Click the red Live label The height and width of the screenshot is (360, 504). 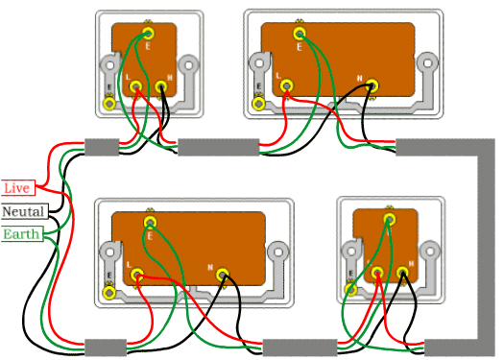pyautogui.click(x=18, y=188)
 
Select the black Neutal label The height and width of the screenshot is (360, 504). pyautogui.click(x=21, y=211)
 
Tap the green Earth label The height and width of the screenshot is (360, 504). pyautogui.click(x=20, y=234)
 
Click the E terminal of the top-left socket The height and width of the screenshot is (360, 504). pyautogui.click(x=148, y=32)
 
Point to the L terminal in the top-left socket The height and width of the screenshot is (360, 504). pyautogui.click(x=136, y=88)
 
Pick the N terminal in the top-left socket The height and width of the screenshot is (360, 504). pyautogui.click(x=161, y=88)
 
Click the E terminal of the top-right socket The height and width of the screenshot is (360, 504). pyautogui.click(x=299, y=33)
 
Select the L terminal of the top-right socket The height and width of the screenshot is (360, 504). pyautogui.click(x=286, y=86)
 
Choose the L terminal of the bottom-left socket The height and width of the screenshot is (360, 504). pyautogui.click(x=137, y=275)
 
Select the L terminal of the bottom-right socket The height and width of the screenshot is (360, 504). pyautogui.click(x=378, y=274)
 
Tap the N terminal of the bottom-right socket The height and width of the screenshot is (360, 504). pyautogui.click(x=402, y=275)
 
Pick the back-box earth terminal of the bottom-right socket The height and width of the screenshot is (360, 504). pyautogui.click(x=351, y=286)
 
